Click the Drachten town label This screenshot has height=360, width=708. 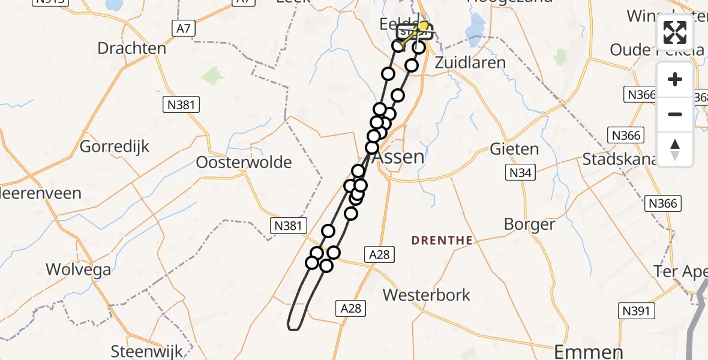pyautogui.click(x=131, y=48)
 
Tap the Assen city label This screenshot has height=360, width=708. pyautogui.click(x=398, y=157)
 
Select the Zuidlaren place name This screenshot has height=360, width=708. pyautogui.click(x=470, y=62)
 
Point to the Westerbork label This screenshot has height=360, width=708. pyautogui.click(x=427, y=295)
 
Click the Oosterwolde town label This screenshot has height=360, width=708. pyautogui.click(x=244, y=162)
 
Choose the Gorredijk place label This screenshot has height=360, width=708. pyautogui.click(x=115, y=146)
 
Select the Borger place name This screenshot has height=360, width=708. pyautogui.click(x=529, y=224)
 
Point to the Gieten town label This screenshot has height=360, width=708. pyautogui.click(x=514, y=148)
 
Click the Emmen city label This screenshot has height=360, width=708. pyautogui.click(x=588, y=351)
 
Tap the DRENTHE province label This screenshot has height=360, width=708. pyautogui.click(x=442, y=241)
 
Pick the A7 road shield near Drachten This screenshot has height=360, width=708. pyautogui.click(x=184, y=28)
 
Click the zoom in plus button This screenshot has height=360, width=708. pyautogui.click(x=675, y=79)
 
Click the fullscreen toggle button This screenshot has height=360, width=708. pyautogui.click(x=675, y=32)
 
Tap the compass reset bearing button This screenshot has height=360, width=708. pyautogui.click(x=675, y=149)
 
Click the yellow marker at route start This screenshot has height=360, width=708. pyautogui.click(x=424, y=26)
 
